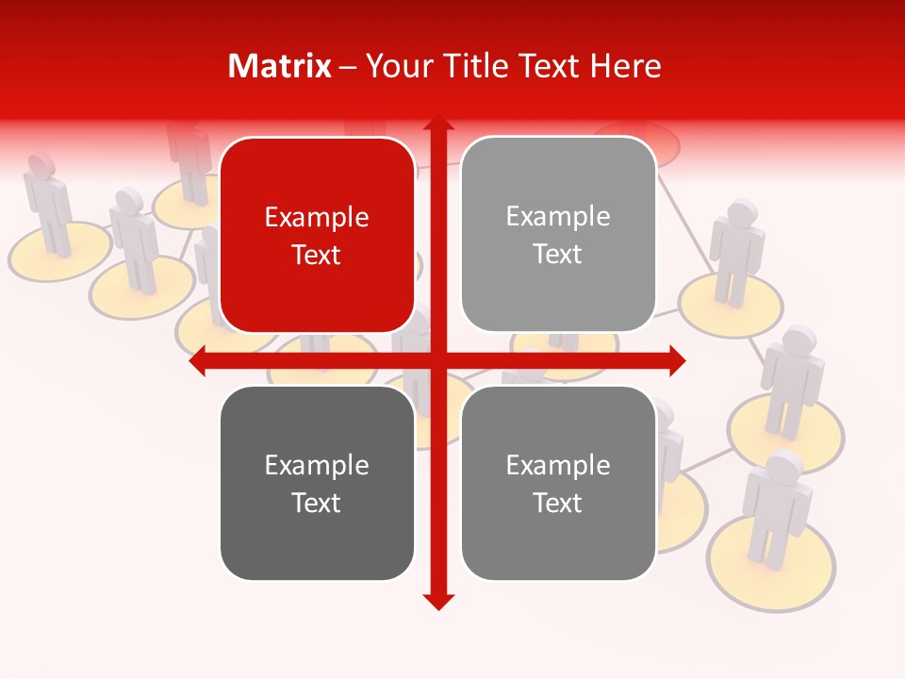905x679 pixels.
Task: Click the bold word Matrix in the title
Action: tap(279, 66)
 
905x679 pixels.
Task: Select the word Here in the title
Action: tap(625, 66)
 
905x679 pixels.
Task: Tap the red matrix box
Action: tap(317, 235)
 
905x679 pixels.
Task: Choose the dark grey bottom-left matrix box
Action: tap(317, 483)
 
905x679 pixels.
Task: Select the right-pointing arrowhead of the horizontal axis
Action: tap(676, 361)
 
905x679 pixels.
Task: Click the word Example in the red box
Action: tap(317, 217)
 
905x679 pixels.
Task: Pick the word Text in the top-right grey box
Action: tap(558, 255)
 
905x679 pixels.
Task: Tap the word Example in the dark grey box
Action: tap(317, 465)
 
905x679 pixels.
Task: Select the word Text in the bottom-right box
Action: tap(558, 503)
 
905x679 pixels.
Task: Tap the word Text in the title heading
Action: tap(549, 66)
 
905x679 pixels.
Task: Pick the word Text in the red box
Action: tap(317, 256)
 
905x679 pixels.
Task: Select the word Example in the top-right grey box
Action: tap(558, 216)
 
